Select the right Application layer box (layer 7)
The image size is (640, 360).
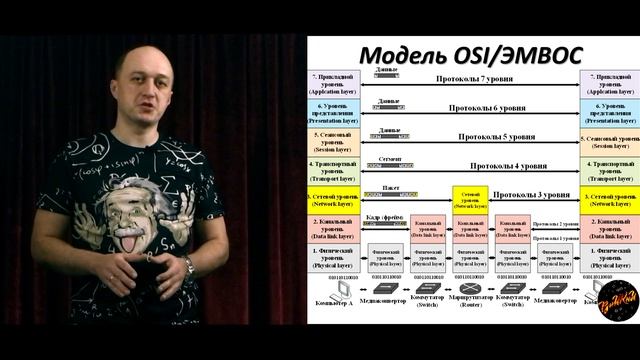609,81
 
